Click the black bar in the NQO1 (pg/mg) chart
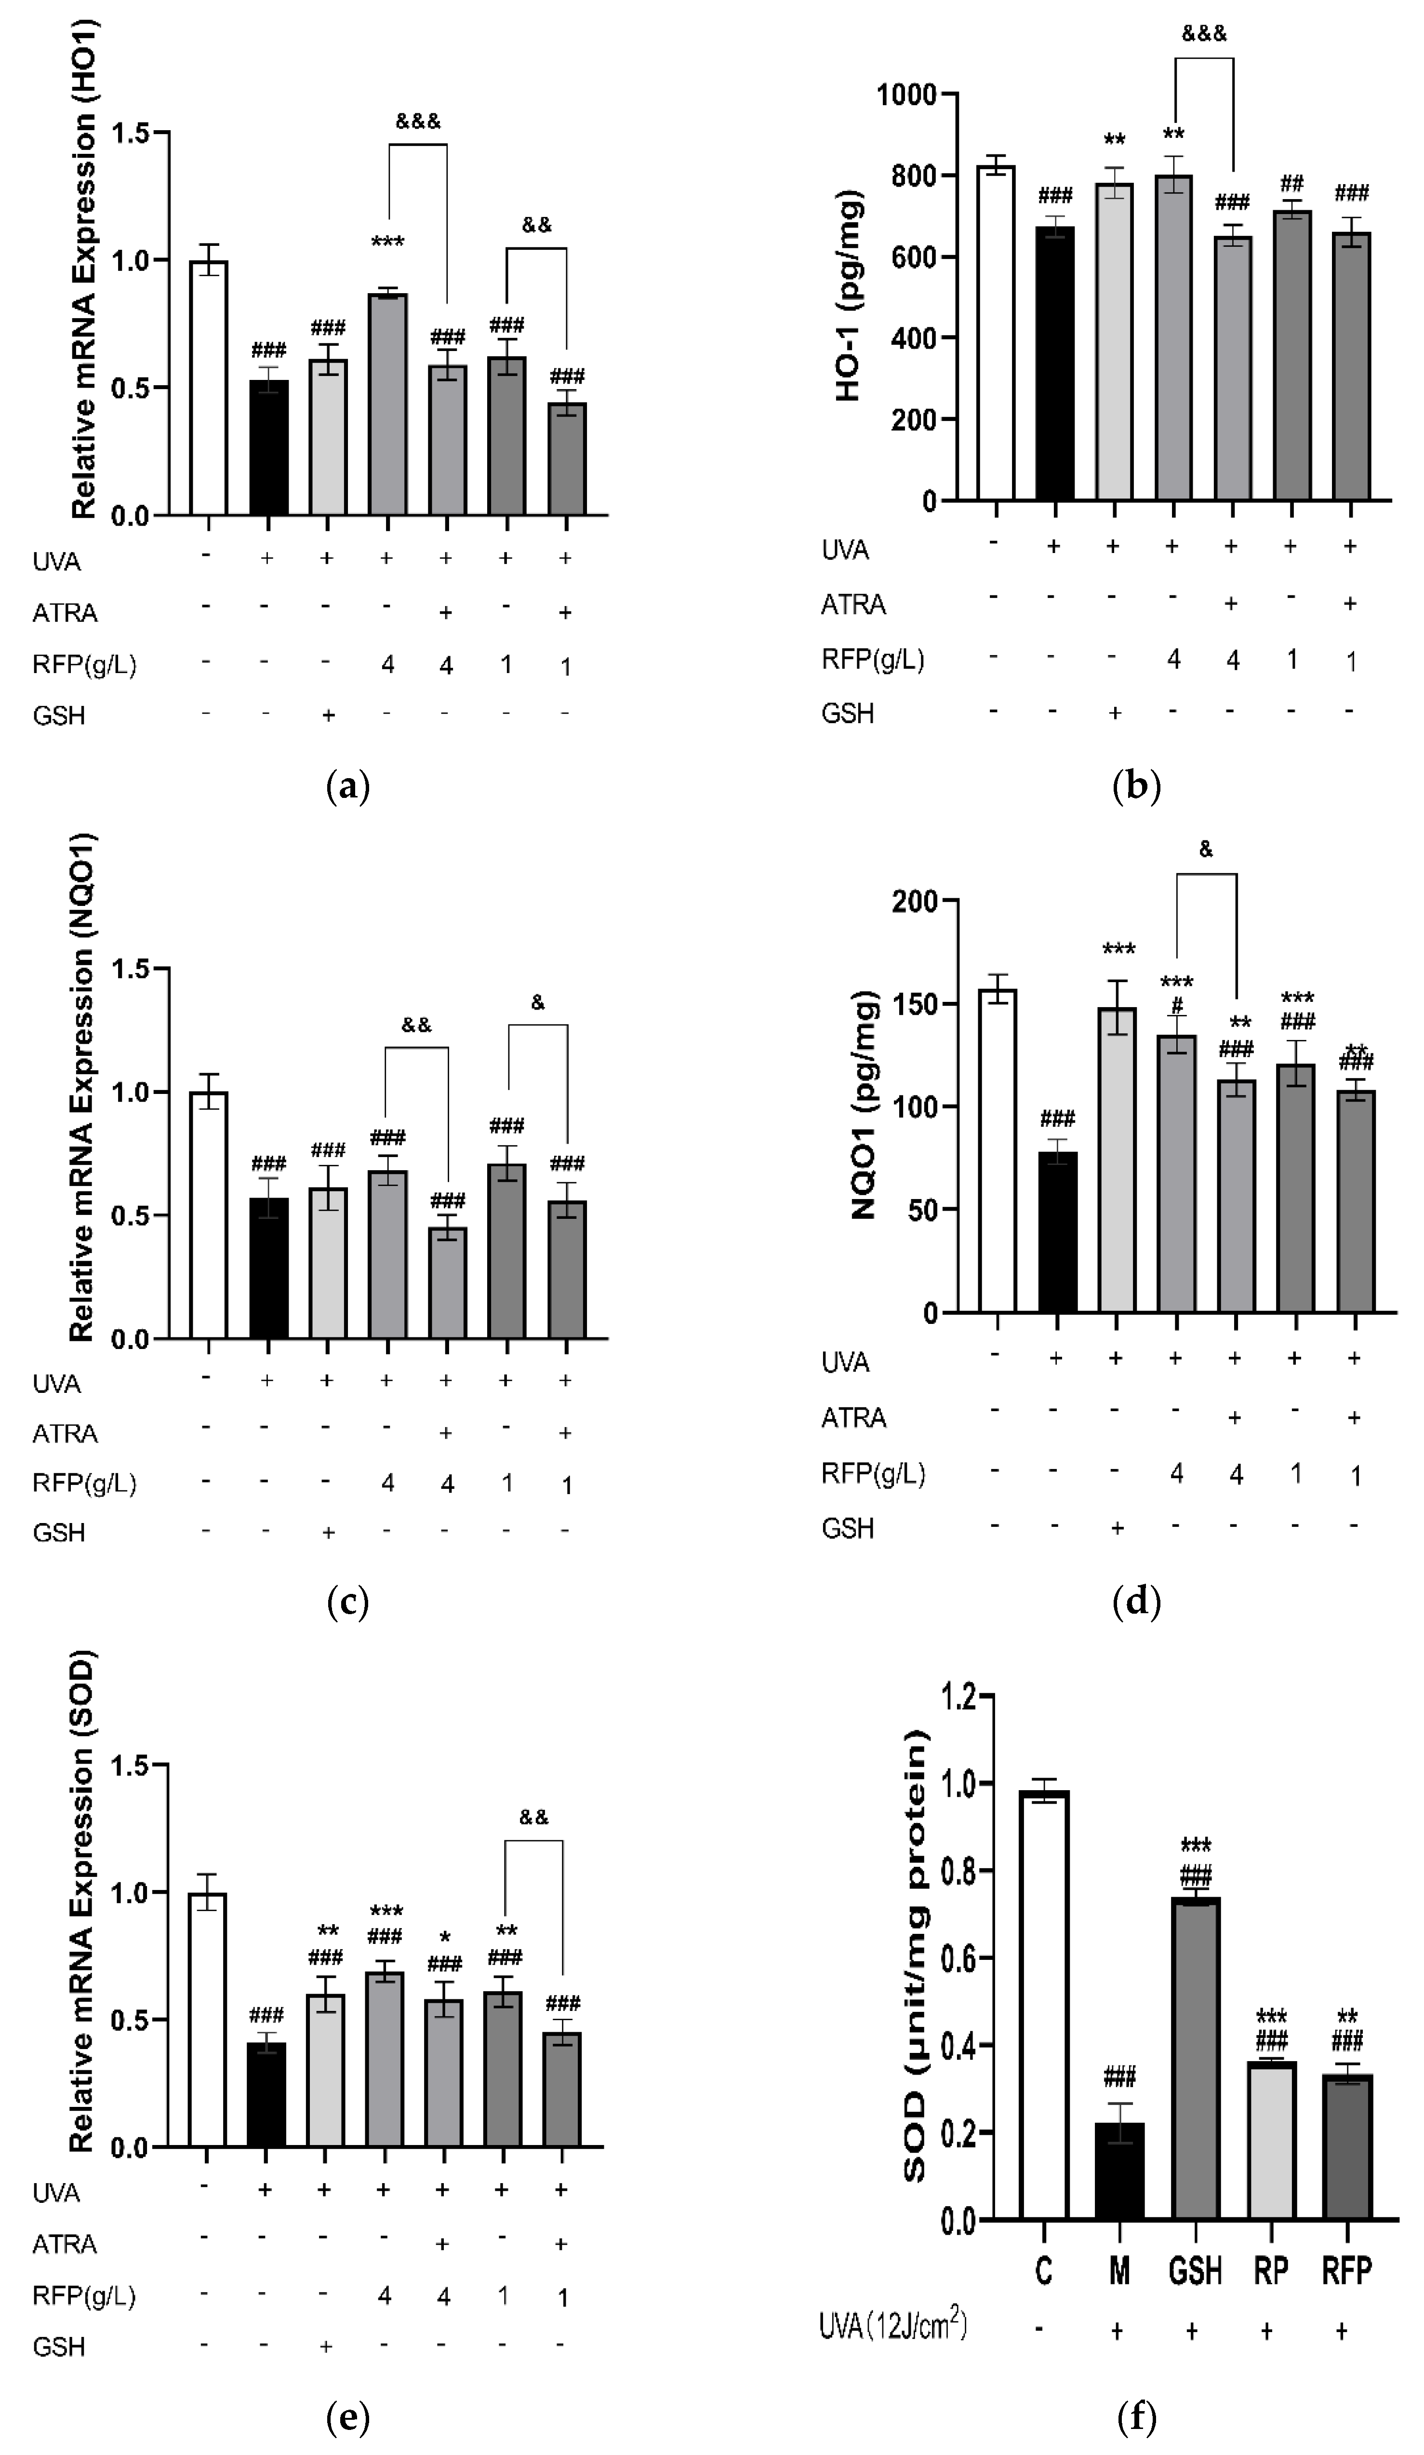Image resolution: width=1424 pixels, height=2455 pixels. click(x=1057, y=1232)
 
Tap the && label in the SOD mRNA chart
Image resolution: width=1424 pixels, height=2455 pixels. click(x=534, y=1817)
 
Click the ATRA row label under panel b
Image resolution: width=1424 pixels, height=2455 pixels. click(x=853, y=605)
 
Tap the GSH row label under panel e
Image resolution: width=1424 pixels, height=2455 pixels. click(x=58, y=2347)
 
